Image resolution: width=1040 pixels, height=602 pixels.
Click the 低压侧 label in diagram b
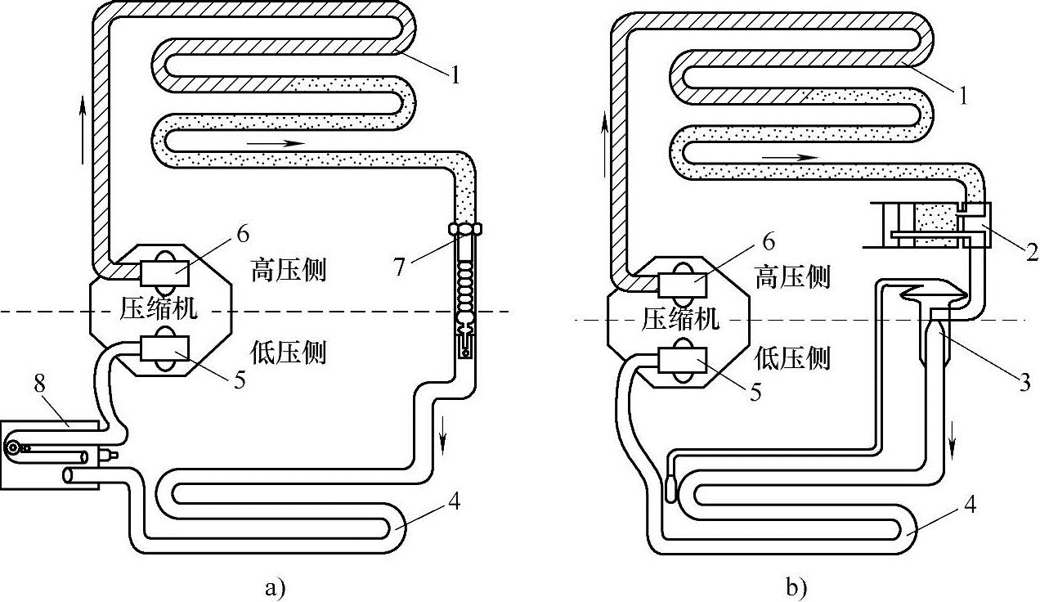pyautogui.click(x=791, y=358)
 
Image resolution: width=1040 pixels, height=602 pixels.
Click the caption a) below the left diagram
pyautogui.click(x=275, y=586)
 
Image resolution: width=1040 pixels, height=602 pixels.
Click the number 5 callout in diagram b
pyautogui.click(x=756, y=391)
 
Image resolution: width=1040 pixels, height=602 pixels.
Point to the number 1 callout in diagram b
pyautogui.click(x=962, y=96)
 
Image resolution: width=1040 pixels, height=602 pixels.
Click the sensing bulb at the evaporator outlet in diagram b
pyautogui.click(x=670, y=488)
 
